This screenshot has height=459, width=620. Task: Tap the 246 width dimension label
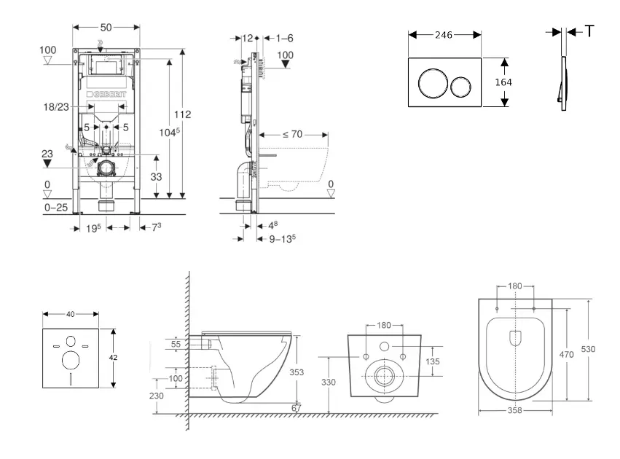(x=444, y=34)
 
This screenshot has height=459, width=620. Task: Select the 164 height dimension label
(x=503, y=82)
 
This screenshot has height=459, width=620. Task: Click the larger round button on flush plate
(x=431, y=82)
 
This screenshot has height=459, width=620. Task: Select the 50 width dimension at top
(x=106, y=27)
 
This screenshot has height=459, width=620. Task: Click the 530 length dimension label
(x=588, y=349)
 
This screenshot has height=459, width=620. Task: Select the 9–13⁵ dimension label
(x=283, y=238)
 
